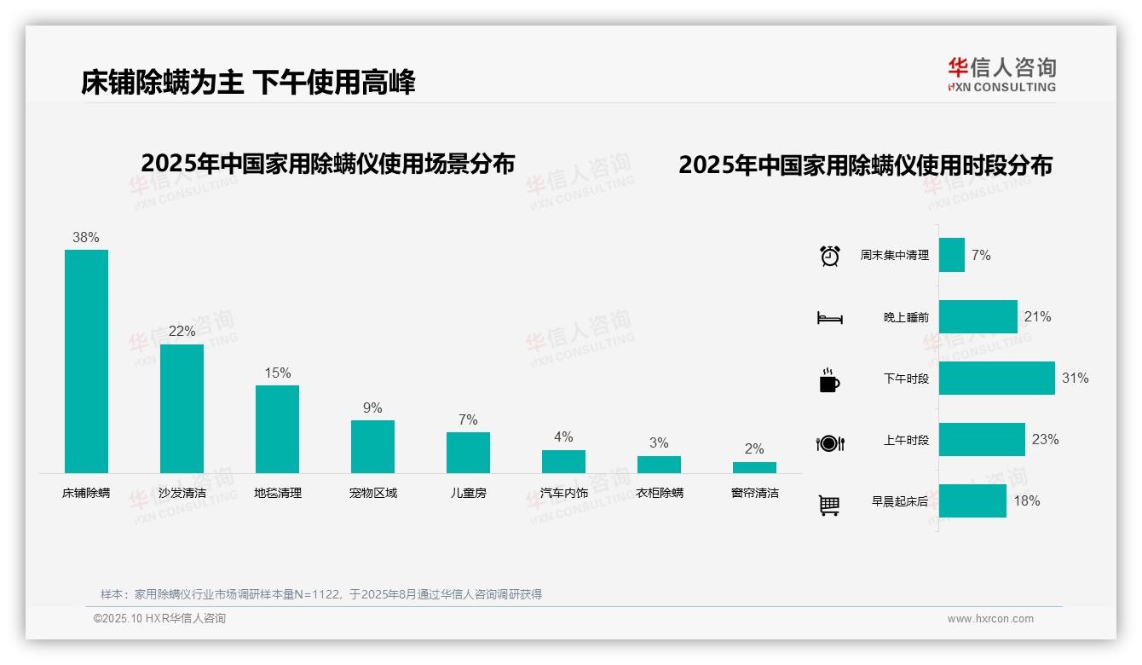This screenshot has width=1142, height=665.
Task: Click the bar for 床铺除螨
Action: click(86, 361)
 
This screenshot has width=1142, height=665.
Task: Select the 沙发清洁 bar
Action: click(182, 408)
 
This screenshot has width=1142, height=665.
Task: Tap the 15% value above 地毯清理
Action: click(278, 373)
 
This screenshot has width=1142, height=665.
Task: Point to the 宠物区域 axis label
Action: click(373, 493)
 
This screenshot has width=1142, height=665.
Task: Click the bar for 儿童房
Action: click(468, 452)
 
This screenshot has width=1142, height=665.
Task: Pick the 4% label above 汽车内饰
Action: click(563, 437)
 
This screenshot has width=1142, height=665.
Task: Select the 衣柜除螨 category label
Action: click(660, 493)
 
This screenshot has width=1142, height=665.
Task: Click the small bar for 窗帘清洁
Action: click(754, 467)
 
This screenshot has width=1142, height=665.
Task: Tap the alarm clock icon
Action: click(830, 256)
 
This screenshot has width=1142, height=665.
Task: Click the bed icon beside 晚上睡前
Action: click(830, 318)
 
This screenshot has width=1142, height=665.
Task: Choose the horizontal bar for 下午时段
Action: click(996, 378)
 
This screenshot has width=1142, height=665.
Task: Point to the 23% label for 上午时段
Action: click(1045, 439)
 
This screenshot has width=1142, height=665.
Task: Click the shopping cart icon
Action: click(829, 505)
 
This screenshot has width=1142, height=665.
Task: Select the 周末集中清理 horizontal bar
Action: click(952, 255)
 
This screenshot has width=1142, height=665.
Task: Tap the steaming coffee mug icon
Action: click(829, 379)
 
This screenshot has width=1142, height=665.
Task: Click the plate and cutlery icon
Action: click(830, 442)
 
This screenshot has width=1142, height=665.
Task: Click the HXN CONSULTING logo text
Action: click(1001, 86)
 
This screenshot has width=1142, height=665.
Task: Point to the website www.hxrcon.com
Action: click(990, 619)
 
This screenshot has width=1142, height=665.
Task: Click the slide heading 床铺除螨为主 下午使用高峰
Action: click(248, 83)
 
